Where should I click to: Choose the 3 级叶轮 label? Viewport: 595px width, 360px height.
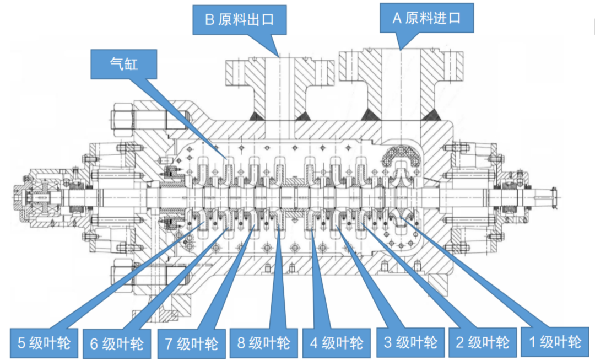[x=410, y=342]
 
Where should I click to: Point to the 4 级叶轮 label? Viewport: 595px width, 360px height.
[x=337, y=343]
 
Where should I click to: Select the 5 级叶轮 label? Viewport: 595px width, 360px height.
[x=45, y=343]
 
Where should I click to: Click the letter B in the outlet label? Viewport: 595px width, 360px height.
[x=209, y=20]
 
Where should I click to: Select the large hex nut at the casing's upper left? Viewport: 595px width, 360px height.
[x=123, y=117]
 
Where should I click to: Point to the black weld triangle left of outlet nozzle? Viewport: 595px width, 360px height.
[x=255, y=115]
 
